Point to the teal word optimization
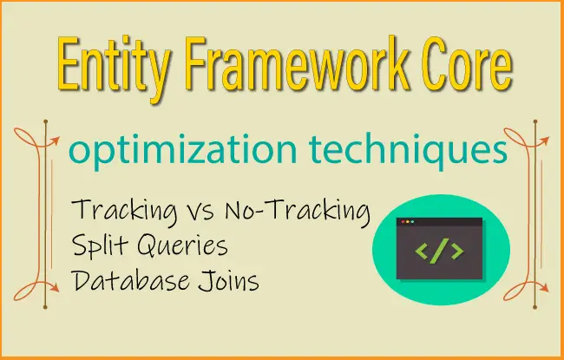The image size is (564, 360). (x=183, y=150)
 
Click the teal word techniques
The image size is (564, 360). (x=408, y=150)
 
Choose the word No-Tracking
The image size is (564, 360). (x=298, y=211)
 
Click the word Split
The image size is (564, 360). (x=100, y=245)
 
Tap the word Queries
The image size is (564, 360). (x=183, y=245)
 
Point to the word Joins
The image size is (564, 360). (x=229, y=281)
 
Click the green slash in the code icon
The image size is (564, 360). (x=440, y=251)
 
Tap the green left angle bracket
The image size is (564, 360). (x=422, y=251)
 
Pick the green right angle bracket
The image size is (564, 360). (x=457, y=251)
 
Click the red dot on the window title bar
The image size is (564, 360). (x=403, y=222)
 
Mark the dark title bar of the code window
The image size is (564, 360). (x=439, y=222)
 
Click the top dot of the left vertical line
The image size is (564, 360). (x=46, y=122)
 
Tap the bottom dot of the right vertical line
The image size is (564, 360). (x=534, y=307)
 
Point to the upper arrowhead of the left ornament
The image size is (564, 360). (x=56, y=141)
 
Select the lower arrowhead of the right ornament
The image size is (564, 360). (x=545, y=288)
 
